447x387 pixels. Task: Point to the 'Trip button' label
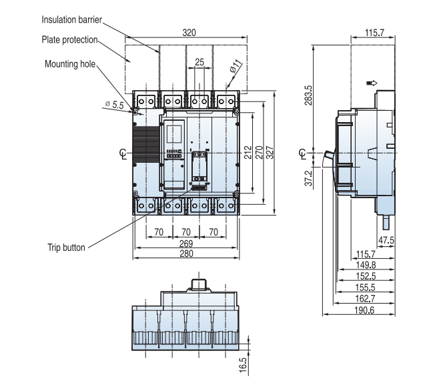66,247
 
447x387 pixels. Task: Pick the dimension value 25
199,62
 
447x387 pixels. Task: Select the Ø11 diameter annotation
236,67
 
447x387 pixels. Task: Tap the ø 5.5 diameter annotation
115,105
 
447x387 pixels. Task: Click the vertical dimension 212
248,153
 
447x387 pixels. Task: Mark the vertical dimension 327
270,153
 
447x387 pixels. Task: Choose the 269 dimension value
186,244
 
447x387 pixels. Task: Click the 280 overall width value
186,254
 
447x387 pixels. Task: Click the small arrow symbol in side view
372,83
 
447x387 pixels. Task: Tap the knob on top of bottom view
197,284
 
